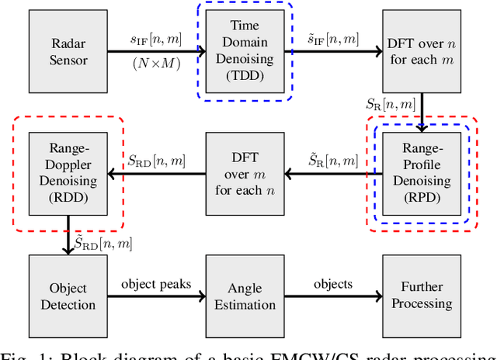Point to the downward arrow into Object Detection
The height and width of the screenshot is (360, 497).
tap(66, 241)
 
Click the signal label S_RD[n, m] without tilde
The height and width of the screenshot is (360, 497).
tap(156, 162)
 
